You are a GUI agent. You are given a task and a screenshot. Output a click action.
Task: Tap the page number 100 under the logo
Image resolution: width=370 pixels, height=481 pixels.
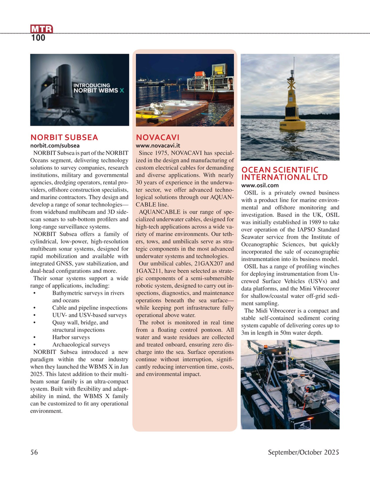point(38,39)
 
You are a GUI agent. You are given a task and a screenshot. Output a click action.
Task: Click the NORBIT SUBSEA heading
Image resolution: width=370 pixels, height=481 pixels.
point(64,137)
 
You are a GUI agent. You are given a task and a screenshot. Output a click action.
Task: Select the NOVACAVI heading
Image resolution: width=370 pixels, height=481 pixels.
point(158,137)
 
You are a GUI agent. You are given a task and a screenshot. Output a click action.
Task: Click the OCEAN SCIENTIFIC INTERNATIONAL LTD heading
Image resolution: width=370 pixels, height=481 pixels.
point(284,173)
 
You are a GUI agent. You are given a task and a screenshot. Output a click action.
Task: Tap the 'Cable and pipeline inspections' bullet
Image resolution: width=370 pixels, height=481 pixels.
point(90,308)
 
